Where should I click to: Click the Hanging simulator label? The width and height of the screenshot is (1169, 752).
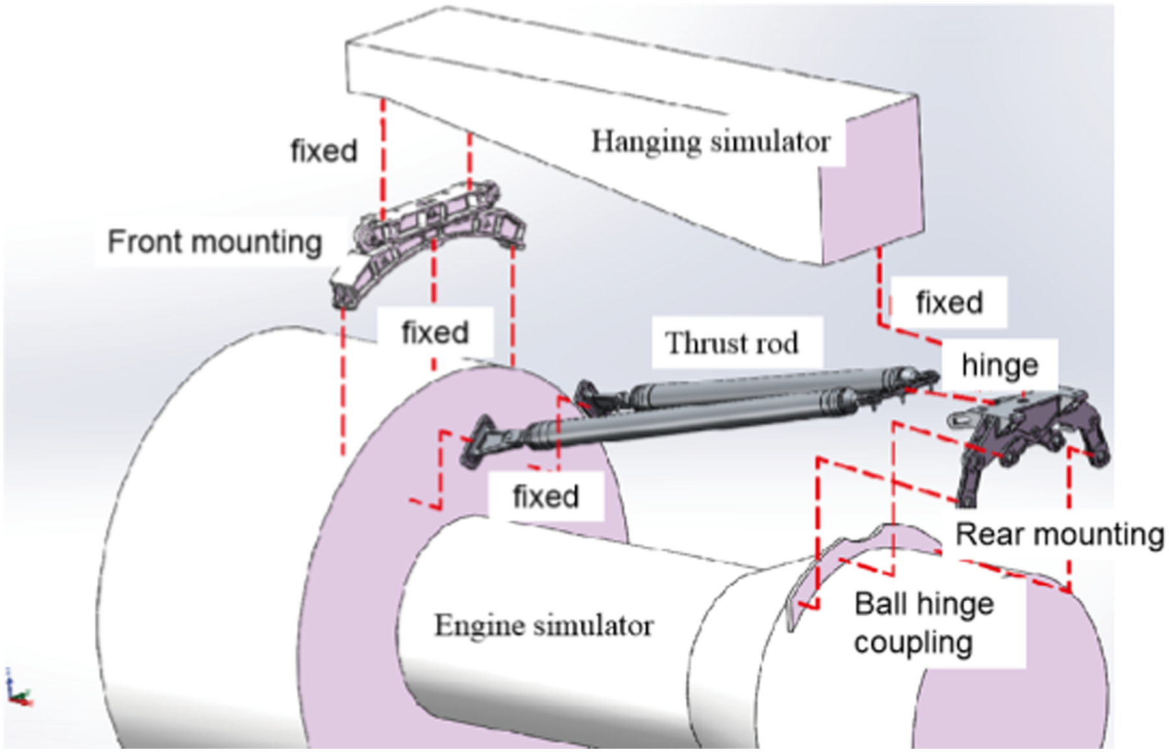click(x=710, y=142)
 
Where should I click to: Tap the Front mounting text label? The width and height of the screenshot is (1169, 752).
click(x=215, y=242)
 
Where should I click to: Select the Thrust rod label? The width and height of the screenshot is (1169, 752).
click(x=732, y=343)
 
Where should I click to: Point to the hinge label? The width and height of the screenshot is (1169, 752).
click(x=999, y=366)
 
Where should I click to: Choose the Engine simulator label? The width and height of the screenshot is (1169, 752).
click(x=544, y=625)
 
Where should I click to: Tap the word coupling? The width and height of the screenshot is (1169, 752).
click(x=913, y=643)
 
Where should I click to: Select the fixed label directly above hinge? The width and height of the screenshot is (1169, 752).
click(x=949, y=303)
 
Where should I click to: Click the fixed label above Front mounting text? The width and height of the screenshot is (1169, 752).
click(x=323, y=151)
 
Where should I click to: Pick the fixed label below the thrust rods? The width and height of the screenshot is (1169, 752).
click(x=546, y=497)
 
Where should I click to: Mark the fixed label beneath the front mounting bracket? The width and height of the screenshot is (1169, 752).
click(x=434, y=333)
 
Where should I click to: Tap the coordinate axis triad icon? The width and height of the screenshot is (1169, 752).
click(x=18, y=690)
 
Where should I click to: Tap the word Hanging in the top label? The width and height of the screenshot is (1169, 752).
click(x=646, y=142)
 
